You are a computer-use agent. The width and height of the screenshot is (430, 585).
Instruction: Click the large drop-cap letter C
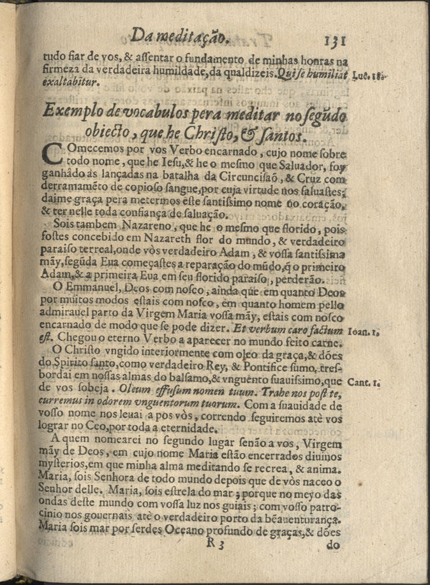point(56,161)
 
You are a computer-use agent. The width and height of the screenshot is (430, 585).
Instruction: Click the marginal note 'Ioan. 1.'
point(364,331)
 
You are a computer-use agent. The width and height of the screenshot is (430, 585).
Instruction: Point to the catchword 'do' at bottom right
point(332,546)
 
